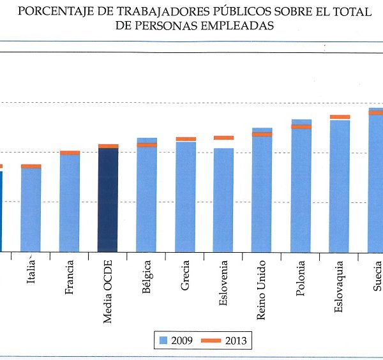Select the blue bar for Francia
tap(70, 203)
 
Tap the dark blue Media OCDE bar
tap(108, 199)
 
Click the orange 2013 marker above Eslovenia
tap(223, 138)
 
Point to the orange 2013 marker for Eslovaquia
tap(340, 117)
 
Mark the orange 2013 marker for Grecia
tap(186, 139)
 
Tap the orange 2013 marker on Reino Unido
tap(262, 134)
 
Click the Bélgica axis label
tap(147, 275)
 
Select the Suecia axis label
tap(377, 275)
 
